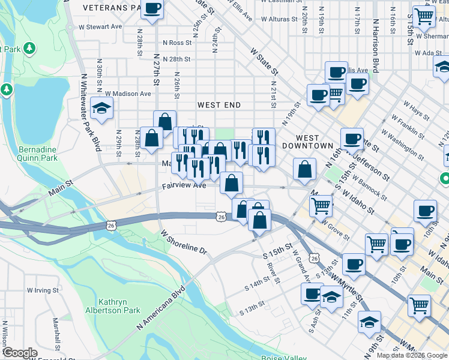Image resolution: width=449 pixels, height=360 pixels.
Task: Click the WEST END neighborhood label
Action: [x=219, y=105]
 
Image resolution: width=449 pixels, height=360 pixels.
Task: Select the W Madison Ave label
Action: [x=128, y=94]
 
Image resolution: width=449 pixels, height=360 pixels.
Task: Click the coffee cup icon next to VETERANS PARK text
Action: [x=152, y=9]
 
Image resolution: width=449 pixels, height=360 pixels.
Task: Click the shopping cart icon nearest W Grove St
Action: [x=322, y=206]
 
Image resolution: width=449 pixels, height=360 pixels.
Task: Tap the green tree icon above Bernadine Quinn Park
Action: [x=7, y=89]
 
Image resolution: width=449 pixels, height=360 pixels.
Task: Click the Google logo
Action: [x=20, y=353]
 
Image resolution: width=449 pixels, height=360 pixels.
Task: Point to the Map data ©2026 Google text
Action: [x=412, y=355]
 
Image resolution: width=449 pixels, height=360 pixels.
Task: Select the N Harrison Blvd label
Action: [x=376, y=44]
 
